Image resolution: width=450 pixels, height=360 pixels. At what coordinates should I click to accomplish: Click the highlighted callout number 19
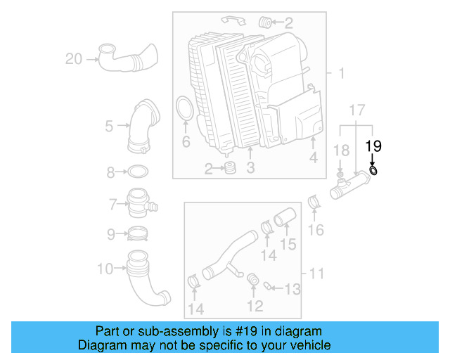(373, 146)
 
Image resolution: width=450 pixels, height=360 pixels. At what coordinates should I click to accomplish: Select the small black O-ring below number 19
(373, 170)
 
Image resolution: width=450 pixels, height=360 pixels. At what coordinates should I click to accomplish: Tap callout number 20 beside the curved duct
(74, 59)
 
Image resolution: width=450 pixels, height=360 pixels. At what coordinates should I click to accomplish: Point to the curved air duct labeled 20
(126, 58)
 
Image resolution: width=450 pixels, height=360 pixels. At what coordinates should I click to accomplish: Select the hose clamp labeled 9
(139, 233)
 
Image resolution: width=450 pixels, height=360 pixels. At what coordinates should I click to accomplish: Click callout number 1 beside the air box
(341, 73)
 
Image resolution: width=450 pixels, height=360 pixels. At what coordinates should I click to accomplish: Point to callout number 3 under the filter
(250, 168)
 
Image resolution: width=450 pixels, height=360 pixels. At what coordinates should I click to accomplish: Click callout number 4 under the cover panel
(313, 159)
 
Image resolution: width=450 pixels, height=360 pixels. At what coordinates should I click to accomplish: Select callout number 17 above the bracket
(356, 110)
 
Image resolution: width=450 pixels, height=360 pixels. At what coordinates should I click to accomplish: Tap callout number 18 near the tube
(341, 150)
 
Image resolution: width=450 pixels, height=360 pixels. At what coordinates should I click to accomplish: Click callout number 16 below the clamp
(316, 230)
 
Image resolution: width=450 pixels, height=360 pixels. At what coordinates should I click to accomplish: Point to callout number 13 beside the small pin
(292, 288)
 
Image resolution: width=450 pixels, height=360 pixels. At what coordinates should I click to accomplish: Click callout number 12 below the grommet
(255, 306)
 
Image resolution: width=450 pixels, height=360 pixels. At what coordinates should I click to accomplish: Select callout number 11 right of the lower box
(316, 272)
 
